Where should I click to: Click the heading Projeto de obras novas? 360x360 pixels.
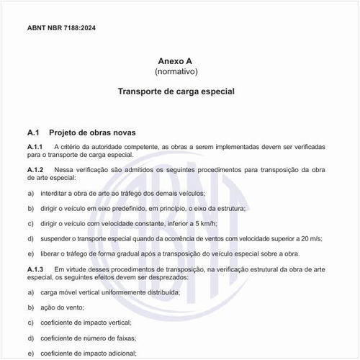tap(92, 132)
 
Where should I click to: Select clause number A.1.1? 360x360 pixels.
tap(35, 146)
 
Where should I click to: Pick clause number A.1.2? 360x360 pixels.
tap(35, 169)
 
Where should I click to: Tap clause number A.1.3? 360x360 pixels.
tap(35, 268)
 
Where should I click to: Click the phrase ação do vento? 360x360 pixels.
tap(71, 307)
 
